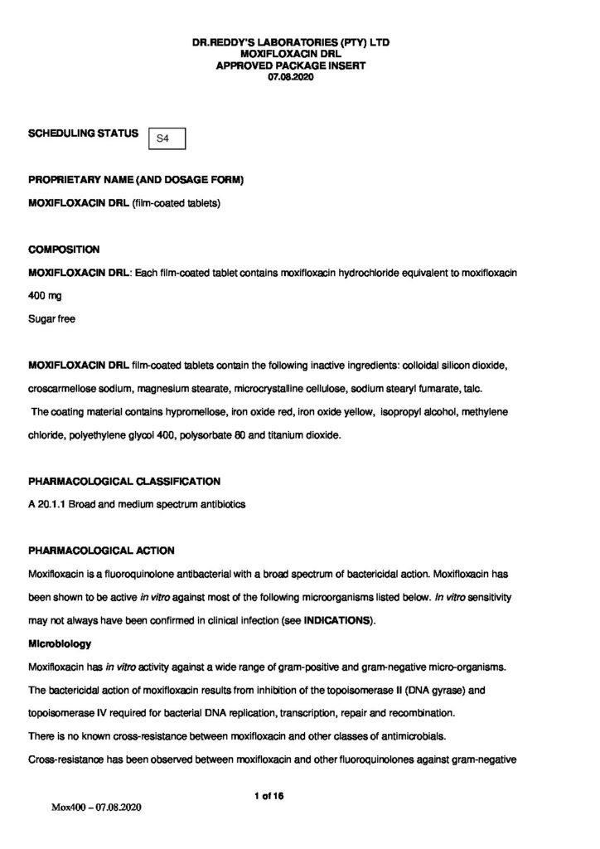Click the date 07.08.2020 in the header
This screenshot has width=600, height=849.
(x=300, y=77)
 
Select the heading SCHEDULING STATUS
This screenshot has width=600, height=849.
(x=83, y=133)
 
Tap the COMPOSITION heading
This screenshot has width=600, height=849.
(x=64, y=250)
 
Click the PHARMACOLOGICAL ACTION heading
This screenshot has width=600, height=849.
(x=101, y=551)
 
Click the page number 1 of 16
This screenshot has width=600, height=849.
(x=269, y=796)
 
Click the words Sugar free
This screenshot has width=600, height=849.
(x=51, y=318)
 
